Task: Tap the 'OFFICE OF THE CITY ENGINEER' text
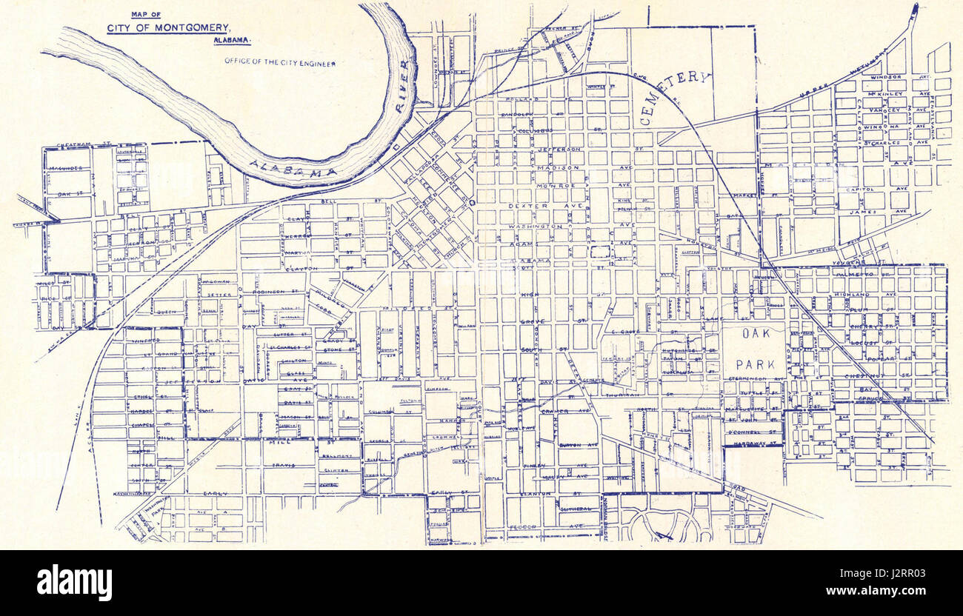(x=281, y=64)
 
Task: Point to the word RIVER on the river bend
(x=404, y=94)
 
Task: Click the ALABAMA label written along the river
(x=293, y=170)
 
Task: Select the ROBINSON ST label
(x=271, y=292)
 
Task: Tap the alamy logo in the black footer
(x=74, y=583)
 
